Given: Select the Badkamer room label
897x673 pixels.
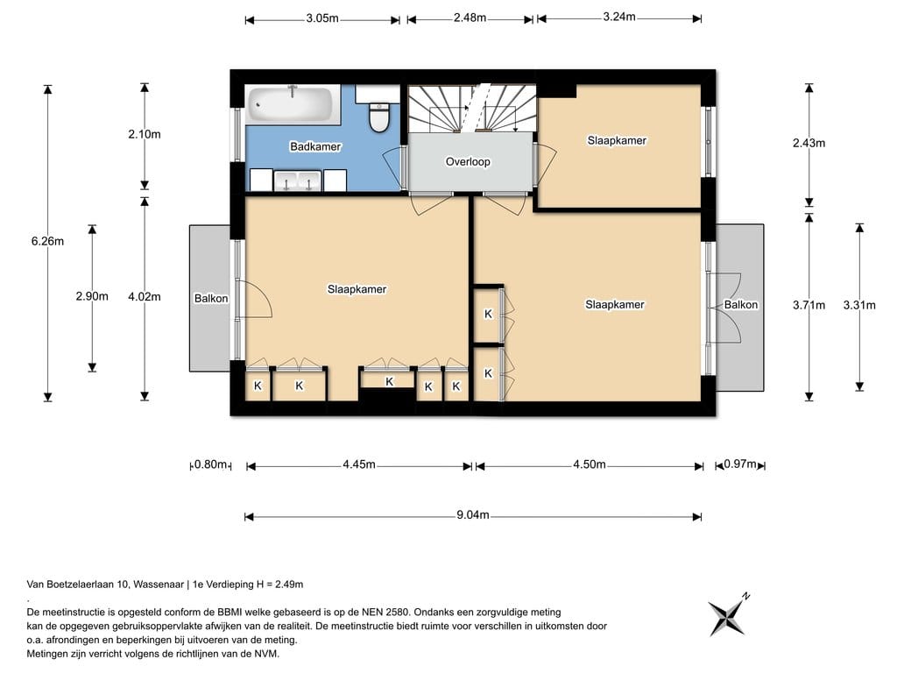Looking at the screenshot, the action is tap(315, 146).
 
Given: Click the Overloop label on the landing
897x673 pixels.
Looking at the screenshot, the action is tap(468, 161).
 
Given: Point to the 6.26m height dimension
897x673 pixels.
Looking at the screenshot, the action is tap(47, 241).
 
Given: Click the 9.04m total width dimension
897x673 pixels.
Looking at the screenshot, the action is tap(472, 515).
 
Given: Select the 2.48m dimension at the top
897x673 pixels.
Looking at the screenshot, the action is tap(470, 18).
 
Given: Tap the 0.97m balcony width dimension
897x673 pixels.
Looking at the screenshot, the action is tap(739, 464).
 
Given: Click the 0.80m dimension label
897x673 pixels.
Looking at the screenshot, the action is tap(210, 464).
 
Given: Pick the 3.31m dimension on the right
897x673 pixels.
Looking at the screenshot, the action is tap(859, 305).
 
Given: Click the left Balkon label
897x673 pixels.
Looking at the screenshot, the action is tap(211, 298).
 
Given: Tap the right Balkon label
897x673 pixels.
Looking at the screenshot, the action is tap(741, 304).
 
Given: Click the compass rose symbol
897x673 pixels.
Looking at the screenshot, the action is tap(728, 616).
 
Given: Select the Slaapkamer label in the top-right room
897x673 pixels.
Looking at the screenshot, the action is tap(617, 140).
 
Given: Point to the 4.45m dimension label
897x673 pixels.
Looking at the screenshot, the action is tap(358, 464).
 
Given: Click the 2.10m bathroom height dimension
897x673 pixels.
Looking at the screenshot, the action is tap(145, 134).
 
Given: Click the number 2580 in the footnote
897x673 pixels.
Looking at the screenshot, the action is tap(396, 613).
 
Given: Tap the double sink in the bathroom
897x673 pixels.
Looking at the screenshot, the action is tap(298, 181).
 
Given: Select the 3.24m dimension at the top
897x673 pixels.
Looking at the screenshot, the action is tap(619, 17).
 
